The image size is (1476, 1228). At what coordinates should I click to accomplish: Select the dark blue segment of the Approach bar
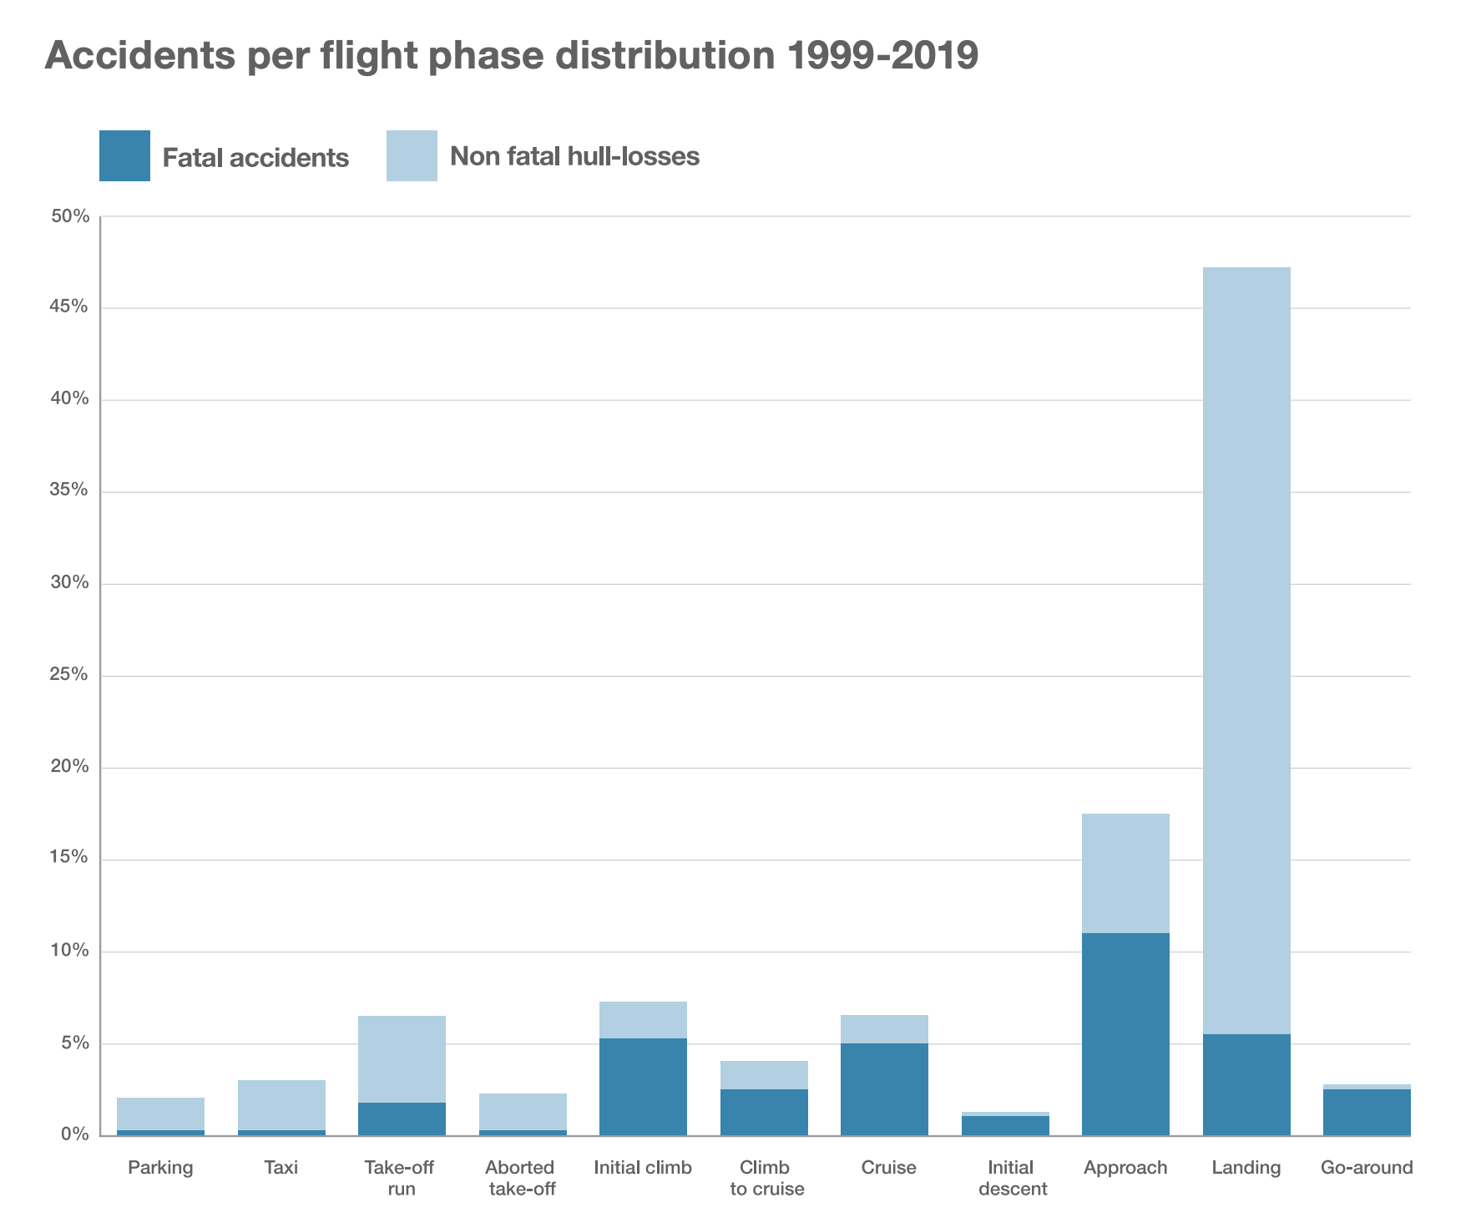point(1125,1033)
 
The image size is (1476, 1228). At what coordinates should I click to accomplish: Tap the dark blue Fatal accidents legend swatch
point(124,156)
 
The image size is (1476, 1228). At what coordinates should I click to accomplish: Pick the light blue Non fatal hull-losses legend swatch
point(412,156)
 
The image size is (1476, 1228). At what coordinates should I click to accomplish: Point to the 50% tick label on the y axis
point(70,217)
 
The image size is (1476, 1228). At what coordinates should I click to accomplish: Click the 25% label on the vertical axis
point(70,675)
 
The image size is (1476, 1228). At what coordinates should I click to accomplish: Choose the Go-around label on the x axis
point(1367,1167)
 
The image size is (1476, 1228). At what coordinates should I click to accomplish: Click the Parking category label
point(160,1167)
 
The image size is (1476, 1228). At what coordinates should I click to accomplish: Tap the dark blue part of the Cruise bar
point(884,1088)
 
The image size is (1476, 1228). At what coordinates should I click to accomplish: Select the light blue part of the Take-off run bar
point(402,1058)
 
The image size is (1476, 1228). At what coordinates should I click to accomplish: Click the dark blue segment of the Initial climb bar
point(643,1086)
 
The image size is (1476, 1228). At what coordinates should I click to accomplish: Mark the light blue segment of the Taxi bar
point(281,1104)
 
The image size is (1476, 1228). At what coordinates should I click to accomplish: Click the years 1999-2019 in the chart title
point(882,55)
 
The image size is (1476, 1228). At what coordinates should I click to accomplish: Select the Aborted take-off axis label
point(522,1178)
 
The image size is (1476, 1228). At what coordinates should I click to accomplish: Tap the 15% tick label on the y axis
point(70,859)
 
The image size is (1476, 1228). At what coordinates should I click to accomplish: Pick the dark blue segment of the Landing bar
point(1246,1084)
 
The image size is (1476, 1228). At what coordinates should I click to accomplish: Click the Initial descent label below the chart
point(1012,1178)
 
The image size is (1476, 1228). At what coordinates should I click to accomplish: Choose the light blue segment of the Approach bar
point(1125,873)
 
